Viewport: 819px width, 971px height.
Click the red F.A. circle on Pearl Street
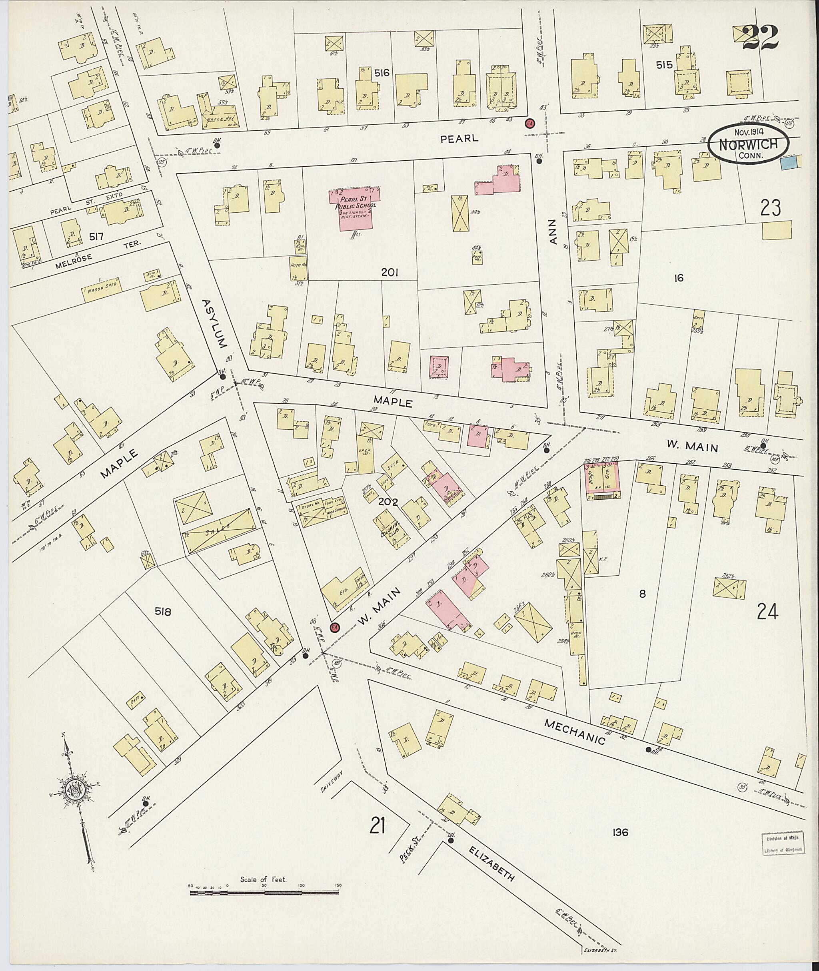click(529, 124)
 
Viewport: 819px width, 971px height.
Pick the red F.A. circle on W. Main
click(334, 628)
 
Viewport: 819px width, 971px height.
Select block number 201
click(390, 273)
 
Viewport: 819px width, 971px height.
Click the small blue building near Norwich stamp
click(788, 162)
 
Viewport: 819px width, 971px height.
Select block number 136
click(620, 833)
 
